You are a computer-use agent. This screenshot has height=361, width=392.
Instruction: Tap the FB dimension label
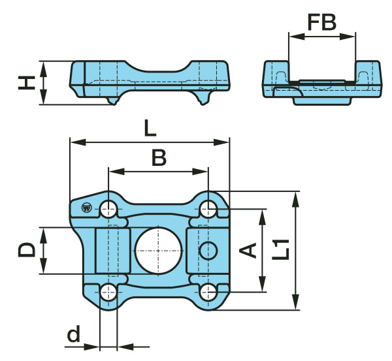coord(322,23)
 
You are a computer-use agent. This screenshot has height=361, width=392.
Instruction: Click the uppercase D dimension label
coord(26,251)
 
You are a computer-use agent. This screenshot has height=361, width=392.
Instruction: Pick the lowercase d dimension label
coord(74,336)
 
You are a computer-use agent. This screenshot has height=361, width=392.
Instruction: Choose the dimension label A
coord(249,250)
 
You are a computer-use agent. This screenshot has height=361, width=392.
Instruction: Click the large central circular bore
coord(158,250)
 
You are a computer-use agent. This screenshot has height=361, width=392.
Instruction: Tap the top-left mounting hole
coord(108,210)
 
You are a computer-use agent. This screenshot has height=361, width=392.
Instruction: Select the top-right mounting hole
coord(208,209)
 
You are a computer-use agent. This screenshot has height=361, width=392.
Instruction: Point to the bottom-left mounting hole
coord(108,291)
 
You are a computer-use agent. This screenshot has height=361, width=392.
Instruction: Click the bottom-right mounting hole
coord(208,291)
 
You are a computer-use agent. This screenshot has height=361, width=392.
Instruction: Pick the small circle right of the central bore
coord(208,250)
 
